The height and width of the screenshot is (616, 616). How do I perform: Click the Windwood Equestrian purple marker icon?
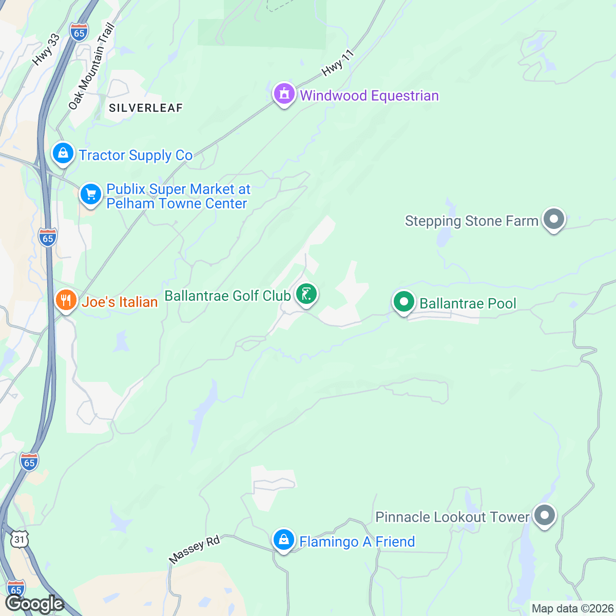[x=283, y=94]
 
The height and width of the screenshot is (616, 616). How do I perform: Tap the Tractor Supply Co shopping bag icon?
[x=63, y=153]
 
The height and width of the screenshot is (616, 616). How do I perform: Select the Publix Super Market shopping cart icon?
[x=91, y=195]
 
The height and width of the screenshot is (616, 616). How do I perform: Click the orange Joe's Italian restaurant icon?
[x=66, y=300]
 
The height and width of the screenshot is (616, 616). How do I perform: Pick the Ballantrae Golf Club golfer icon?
[x=306, y=295]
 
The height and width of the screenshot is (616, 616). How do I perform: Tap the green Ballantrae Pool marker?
[x=404, y=302]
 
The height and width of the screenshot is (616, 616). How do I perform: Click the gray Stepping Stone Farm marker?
[x=553, y=219]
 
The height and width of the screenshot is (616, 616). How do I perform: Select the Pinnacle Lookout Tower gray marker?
[x=545, y=515]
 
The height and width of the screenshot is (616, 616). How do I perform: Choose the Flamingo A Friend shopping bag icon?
[x=283, y=540]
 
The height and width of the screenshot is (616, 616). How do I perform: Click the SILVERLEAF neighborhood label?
[x=146, y=108]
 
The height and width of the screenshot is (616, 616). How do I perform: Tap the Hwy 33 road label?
[x=46, y=50]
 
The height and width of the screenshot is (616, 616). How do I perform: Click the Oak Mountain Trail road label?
[x=92, y=66]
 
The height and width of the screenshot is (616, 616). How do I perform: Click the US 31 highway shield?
[x=19, y=539]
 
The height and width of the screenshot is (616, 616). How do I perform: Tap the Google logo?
[x=34, y=604]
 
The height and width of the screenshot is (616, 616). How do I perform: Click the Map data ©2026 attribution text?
[x=572, y=609]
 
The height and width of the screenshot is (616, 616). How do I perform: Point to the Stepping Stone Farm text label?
[x=471, y=221]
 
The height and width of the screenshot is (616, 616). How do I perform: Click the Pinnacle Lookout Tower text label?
[x=452, y=517]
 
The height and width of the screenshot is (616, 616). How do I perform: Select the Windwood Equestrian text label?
[x=369, y=96]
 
